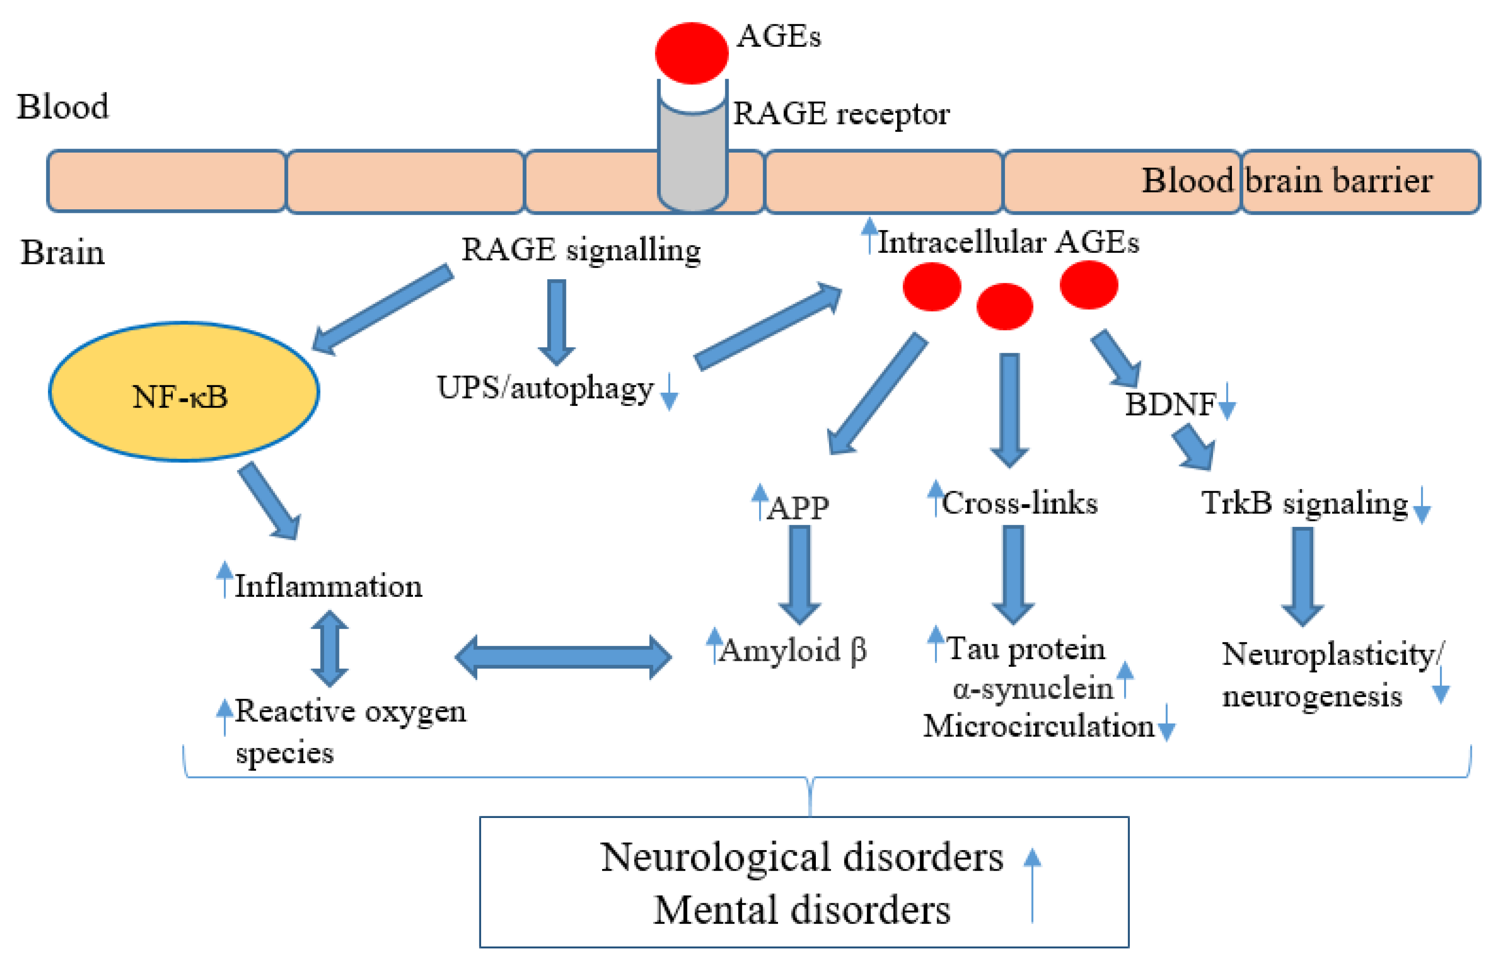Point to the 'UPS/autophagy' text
545,388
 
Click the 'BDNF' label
1169,404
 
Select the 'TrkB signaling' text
1304,503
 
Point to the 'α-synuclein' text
1032,688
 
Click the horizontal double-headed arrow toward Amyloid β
563,657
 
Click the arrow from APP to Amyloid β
799,574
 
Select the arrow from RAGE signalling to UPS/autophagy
556,321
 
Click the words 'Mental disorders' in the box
801,910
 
